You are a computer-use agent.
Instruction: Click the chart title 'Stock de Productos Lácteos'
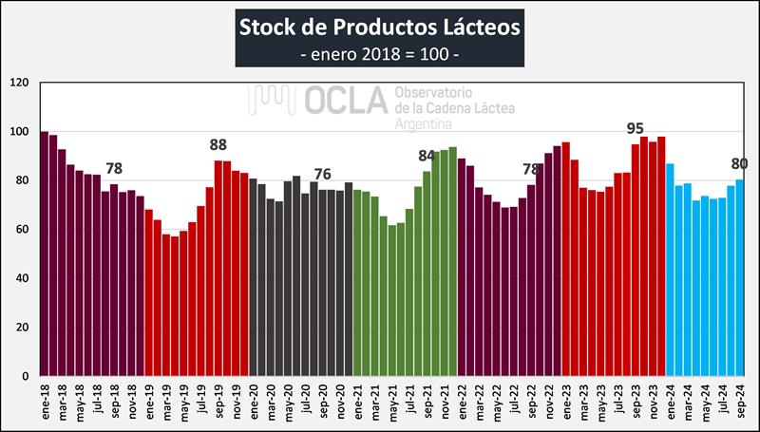tap(379, 25)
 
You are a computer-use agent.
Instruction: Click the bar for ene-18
tap(45, 254)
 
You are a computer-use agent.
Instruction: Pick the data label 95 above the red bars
tap(636, 128)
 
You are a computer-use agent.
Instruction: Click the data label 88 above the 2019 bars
tap(218, 145)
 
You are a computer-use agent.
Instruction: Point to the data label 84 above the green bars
tap(427, 155)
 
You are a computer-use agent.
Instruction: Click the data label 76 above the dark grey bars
tap(323, 174)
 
